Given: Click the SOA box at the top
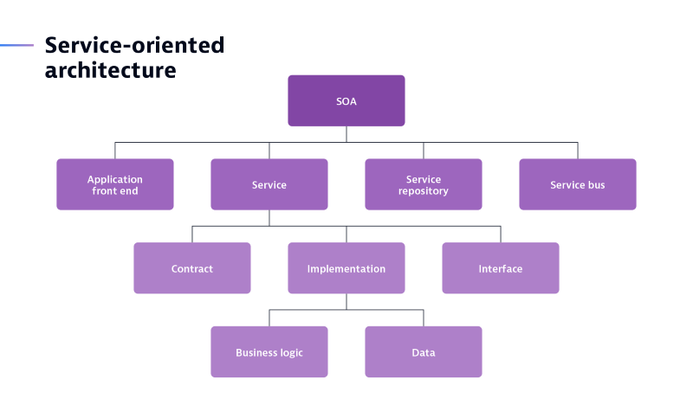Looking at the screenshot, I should point(346,100).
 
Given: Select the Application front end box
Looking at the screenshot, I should point(115,184).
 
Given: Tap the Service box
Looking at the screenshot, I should point(269,184).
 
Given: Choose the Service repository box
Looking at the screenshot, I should point(423,184).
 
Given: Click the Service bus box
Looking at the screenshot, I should point(577,184).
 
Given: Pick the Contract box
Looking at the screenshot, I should point(191,268).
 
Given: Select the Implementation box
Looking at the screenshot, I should point(346,268).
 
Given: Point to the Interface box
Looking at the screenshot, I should point(500,268).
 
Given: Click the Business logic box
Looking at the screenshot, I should point(269,352).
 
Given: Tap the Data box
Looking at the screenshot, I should point(423,352).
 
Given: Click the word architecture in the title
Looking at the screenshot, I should point(110,70).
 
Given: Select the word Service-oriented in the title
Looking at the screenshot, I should point(134,45).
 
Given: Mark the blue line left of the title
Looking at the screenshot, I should point(16,45).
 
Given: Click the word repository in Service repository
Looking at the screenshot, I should point(424,190).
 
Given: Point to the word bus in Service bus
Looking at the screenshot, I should point(595,184).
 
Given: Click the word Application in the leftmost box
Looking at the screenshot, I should point(115,179).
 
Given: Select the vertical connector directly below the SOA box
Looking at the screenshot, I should point(346,133).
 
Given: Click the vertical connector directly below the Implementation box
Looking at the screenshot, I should point(346,301).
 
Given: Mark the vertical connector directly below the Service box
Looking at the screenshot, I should point(269,217).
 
